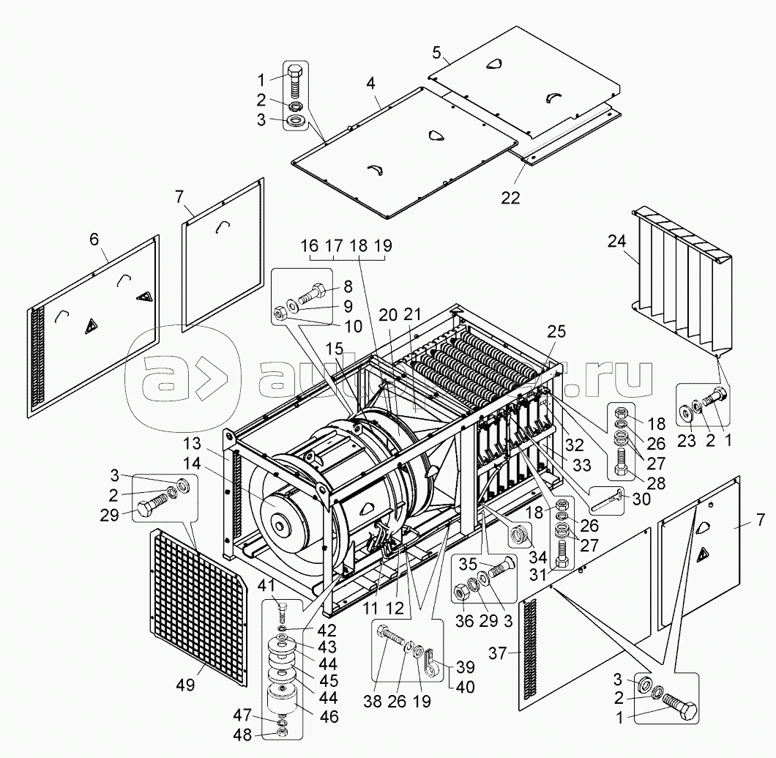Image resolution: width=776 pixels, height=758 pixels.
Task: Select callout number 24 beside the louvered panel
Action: tap(616, 242)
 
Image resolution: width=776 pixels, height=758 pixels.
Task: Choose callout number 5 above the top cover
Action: tap(436, 53)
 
